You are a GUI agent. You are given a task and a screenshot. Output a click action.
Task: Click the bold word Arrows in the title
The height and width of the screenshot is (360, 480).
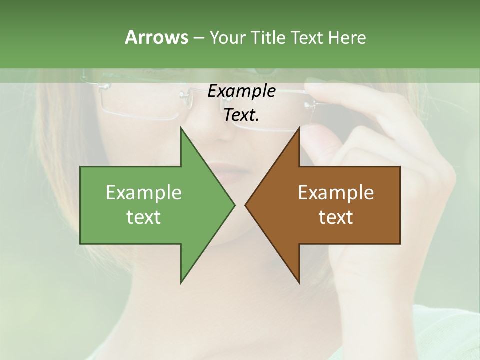point(156,37)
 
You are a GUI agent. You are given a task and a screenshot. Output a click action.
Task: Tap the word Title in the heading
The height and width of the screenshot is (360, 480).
point(268,37)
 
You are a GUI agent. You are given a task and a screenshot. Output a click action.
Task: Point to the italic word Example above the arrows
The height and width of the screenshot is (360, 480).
point(241,91)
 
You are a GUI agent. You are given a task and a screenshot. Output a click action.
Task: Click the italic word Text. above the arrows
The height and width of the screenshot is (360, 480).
point(241,115)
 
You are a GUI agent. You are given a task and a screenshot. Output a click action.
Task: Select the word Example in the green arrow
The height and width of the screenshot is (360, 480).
point(144,193)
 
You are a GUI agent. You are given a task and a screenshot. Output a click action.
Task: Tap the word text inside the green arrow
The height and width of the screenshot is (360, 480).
point(144,217)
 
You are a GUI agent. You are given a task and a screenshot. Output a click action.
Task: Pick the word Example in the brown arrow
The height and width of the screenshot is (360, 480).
point(336,193)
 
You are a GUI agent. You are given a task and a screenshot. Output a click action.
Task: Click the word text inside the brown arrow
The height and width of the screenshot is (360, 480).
point(336,217)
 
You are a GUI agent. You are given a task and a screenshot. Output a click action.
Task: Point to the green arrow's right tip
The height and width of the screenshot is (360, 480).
point(234,205)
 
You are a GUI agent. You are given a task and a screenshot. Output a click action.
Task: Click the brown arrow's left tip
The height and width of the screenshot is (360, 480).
point(246,205)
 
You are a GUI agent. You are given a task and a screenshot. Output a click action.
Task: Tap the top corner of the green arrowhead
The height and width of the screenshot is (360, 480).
point(181,128)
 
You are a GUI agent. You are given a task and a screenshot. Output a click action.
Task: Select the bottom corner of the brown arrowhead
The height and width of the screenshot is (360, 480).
point(299,282)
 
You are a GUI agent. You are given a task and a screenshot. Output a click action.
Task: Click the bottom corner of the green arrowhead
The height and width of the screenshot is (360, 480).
point(181,282)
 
